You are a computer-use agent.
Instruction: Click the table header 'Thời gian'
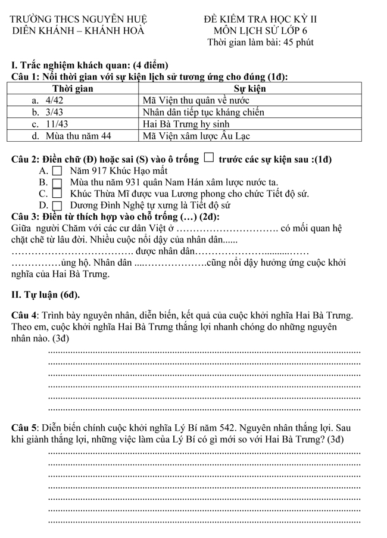tap(73, 89)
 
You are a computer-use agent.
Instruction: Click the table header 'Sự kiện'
tap(249, 89)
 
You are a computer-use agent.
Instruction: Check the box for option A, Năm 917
tap(57, 171)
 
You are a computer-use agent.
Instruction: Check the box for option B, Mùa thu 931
tap(57, 183)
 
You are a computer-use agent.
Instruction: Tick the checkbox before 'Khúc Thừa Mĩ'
tap(57, 194)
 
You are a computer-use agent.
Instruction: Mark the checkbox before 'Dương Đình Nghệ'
tap(57, 206)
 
